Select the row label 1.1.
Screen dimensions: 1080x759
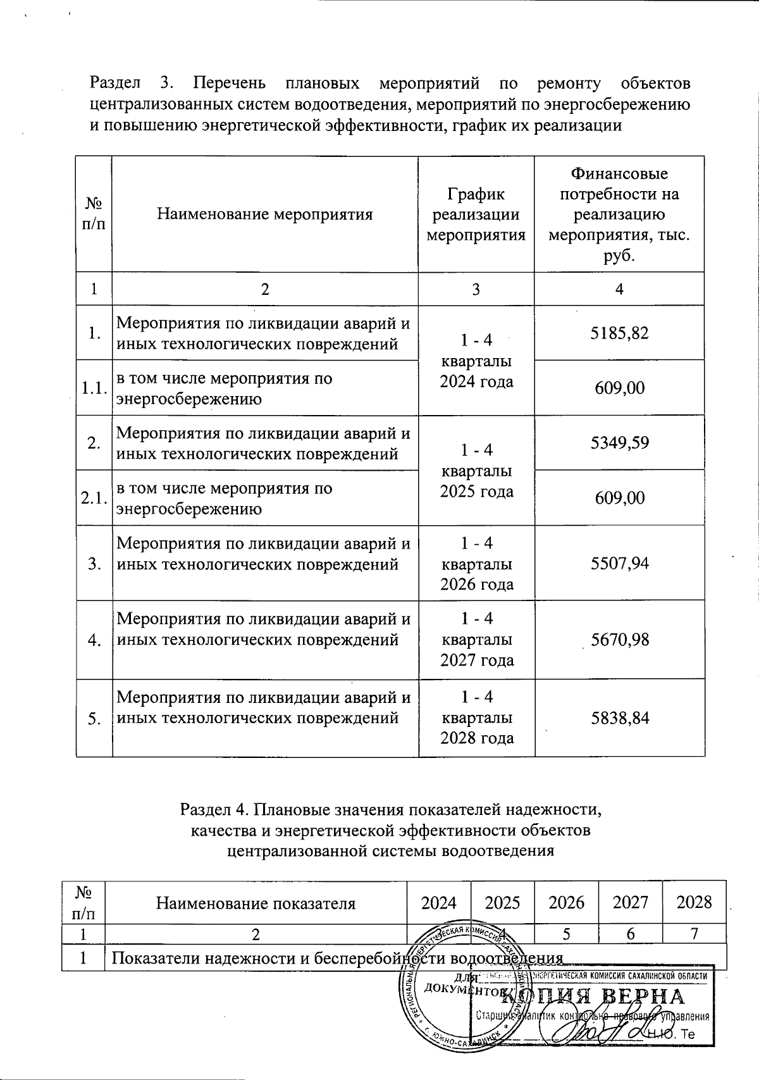(94, 388)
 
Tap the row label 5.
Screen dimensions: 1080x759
(94, 719)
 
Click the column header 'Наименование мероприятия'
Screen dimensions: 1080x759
(264, 214)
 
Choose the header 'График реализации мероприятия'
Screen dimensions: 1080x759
(476, 214)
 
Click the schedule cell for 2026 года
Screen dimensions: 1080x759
(476, 563)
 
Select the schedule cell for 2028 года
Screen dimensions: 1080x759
(476, 718)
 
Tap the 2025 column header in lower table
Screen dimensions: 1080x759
(502, 902)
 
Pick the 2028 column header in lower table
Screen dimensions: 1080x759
(694, 902)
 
